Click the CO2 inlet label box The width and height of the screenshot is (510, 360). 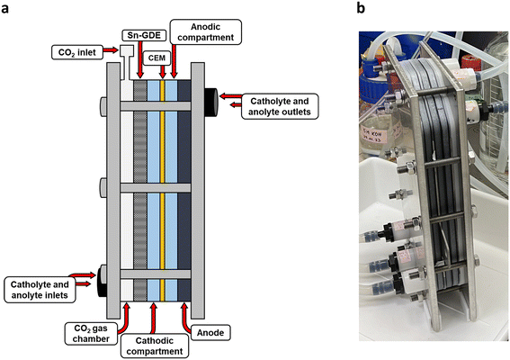point(77,52)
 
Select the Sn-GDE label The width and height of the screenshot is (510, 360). point(144,35)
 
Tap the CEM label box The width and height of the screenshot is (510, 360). point(157,58)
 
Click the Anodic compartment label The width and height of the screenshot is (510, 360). point(206,31)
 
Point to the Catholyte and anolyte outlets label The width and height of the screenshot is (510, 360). point(280,106)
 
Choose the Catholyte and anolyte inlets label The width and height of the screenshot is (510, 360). point(40,290)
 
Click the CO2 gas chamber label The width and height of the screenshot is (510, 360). point(91,333)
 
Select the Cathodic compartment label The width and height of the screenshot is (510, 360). point(155,346)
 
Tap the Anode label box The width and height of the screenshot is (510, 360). point(210,333)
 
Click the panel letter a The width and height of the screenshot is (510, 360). point(4,8)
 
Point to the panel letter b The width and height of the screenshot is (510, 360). point(361,8)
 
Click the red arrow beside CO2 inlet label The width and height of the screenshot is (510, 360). point(111,50)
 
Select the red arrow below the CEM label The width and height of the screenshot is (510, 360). point(163,72)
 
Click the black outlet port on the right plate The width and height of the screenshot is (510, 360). point(210,103)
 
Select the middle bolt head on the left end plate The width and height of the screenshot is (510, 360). point(103,187)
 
